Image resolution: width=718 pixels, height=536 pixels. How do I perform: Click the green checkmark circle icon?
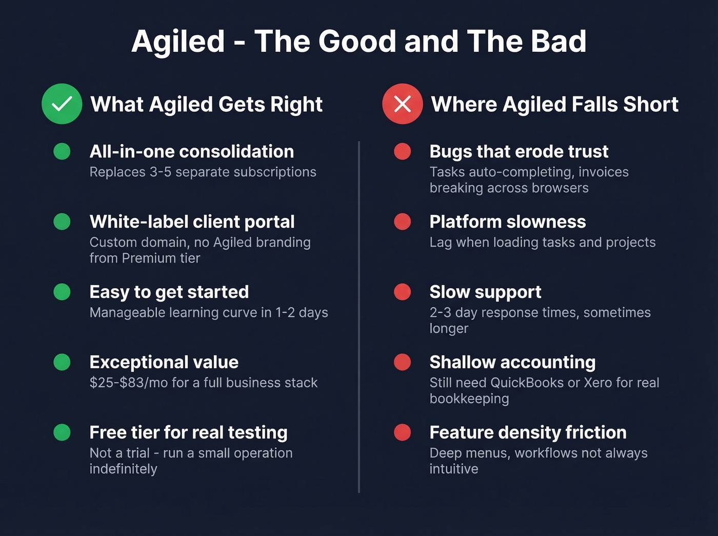[62, 104]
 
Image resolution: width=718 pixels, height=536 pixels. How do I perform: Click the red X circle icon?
[402, 104]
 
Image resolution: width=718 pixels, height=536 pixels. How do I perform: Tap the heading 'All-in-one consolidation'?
[191, 151]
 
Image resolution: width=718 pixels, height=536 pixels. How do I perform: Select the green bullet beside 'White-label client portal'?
[62, 222]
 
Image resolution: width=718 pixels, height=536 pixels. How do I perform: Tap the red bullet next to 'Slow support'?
[402, 292]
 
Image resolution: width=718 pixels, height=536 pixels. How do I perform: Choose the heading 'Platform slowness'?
[507, 222]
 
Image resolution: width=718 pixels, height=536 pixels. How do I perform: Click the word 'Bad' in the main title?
[559, 41]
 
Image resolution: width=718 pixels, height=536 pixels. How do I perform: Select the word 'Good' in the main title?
[357, 41]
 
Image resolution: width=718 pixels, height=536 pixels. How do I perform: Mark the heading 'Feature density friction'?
[528, 432]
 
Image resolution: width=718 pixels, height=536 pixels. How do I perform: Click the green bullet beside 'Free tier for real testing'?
[62, 432]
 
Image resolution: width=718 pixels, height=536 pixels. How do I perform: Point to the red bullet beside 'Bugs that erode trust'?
[402, 151]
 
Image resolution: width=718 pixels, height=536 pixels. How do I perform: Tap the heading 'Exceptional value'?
[164, 362]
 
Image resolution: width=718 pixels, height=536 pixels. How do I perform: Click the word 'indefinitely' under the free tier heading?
[123, 469]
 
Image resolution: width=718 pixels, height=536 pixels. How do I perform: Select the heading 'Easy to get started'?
[169, 292]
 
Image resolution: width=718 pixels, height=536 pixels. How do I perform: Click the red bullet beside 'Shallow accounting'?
[402, 362]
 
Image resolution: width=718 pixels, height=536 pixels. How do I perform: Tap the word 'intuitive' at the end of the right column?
[453, 469]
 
